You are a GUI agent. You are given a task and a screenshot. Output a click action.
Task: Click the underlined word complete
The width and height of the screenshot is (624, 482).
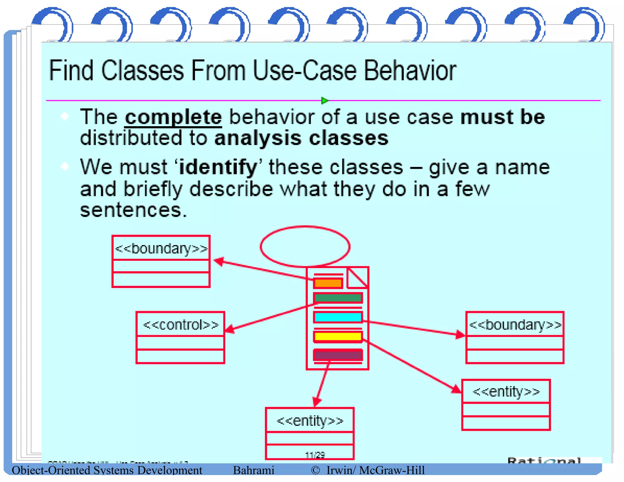(x=173, y=117)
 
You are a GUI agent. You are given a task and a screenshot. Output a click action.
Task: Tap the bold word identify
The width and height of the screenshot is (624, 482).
(x=218, y=168)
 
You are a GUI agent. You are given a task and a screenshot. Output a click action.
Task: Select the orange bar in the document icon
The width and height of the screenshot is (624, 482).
(x=328, y=283)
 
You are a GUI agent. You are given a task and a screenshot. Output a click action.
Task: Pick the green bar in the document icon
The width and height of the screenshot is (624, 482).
(x=338, y=298)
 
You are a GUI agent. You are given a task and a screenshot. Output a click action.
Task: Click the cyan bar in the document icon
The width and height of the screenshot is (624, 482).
(x=338, y=317)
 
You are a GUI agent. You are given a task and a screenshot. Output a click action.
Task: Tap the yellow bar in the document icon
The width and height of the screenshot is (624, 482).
(x=338, y=336)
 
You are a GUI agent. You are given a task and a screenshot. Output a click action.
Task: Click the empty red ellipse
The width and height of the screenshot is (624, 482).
(x=305, y=246)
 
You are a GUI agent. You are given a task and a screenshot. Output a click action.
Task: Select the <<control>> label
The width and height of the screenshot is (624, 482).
(x=181, y=325)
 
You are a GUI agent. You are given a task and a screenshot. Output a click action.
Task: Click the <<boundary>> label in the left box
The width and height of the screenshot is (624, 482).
(x=161, y=249)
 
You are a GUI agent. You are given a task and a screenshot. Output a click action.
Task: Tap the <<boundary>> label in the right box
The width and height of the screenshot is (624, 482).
(x=515, y=325)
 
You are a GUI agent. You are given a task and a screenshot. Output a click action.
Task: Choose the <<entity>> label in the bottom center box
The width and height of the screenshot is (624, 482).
(x=310, y=421)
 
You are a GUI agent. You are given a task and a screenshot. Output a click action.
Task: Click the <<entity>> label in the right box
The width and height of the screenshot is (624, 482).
(x=506, y=392)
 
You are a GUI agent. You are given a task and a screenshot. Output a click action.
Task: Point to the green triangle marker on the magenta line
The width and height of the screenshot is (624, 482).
(x=324, y=100)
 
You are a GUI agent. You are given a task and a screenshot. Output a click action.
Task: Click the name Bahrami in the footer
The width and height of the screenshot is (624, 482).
(x=253, y=470)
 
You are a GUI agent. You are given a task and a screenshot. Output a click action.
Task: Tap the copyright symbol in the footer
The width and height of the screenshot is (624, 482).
(x=315, y=470)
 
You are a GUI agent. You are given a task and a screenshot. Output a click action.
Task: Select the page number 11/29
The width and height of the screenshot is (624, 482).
(x=315, y=455)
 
